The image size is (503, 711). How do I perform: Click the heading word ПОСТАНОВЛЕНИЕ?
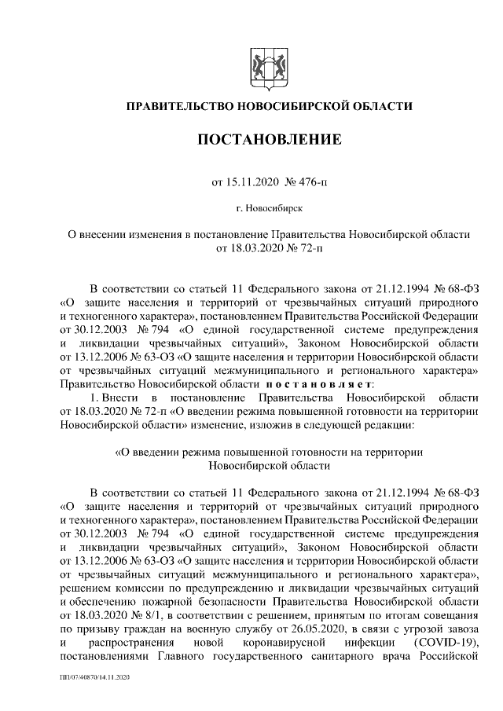[x=269, y=141]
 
